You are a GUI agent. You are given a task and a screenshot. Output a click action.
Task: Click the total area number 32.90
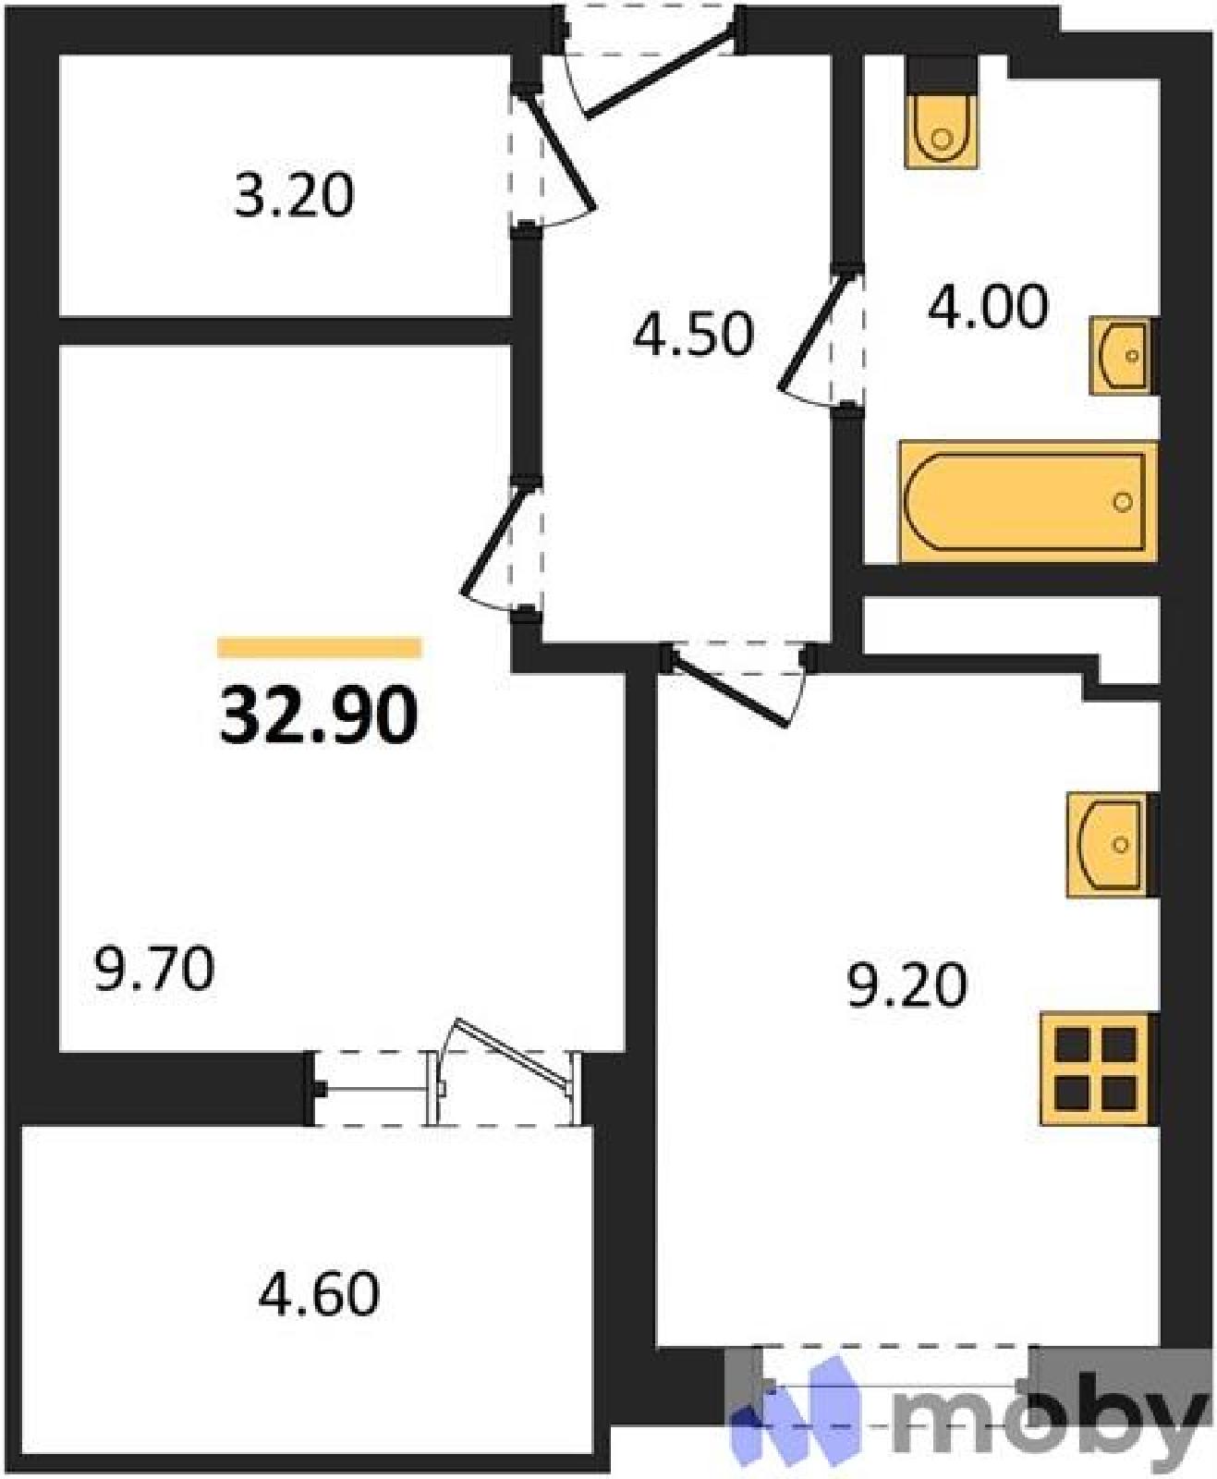point(319,715)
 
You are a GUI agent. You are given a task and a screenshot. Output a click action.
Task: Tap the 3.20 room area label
point(294,196)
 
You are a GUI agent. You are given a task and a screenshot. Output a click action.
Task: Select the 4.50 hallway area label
point(693,334)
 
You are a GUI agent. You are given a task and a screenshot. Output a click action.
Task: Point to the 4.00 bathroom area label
point(988,307)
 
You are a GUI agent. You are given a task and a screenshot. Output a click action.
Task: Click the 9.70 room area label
point(153,970)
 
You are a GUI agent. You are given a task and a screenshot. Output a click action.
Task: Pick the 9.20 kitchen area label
point(907,985)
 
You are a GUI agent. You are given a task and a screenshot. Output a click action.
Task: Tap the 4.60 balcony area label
point(319,1294)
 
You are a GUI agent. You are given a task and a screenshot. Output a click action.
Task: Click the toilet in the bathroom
point(942,131)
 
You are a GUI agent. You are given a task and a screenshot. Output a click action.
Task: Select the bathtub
point(1028,502)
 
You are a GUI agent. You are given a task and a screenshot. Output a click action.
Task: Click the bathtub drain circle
point(1123,502)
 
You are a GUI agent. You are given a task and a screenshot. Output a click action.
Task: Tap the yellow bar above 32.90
point(320,647)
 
